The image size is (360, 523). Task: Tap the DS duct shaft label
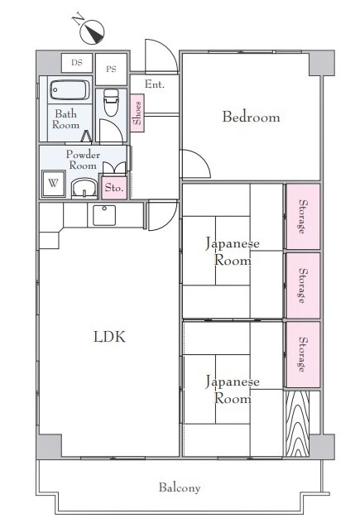pyautogui.click(x=77, y=62)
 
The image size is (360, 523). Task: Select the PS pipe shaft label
pyautogui.click(x=111, y=69)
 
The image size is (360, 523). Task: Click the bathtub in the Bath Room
pyautogui.click(x=70, y=89)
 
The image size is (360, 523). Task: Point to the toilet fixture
pyautogui.click(x=111, y=102)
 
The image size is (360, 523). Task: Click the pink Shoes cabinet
pyautogui.click(x=137, y=113)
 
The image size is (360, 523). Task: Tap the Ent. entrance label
pyautogui.click(x=155, y=84)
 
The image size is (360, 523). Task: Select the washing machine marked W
pyautogui.click(x=54, y=184)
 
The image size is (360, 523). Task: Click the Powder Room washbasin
pyautogui.click(x=84, y=189)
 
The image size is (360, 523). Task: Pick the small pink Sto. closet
pyautogui.click(x=114, y=187)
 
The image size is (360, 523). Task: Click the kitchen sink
pyautogui.click(x=104, y=215)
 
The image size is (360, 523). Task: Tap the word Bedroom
pyautogui.click(x=252, y=117)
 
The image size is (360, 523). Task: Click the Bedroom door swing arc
pyautogui.click(x=203, y=157)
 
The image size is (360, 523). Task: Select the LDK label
pyautogui.click(x=109, y=337)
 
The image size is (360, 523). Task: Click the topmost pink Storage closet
pyautogui.click(x=303, y=217)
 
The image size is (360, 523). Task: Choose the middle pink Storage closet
pyautogui.click(x=303, y=285)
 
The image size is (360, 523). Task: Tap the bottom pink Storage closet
pyautogui.click(x=303, y=354)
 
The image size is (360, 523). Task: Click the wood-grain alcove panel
pyautogui.click(x=296, y=424)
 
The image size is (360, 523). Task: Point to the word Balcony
pyautogui.click(x=180, y=488)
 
